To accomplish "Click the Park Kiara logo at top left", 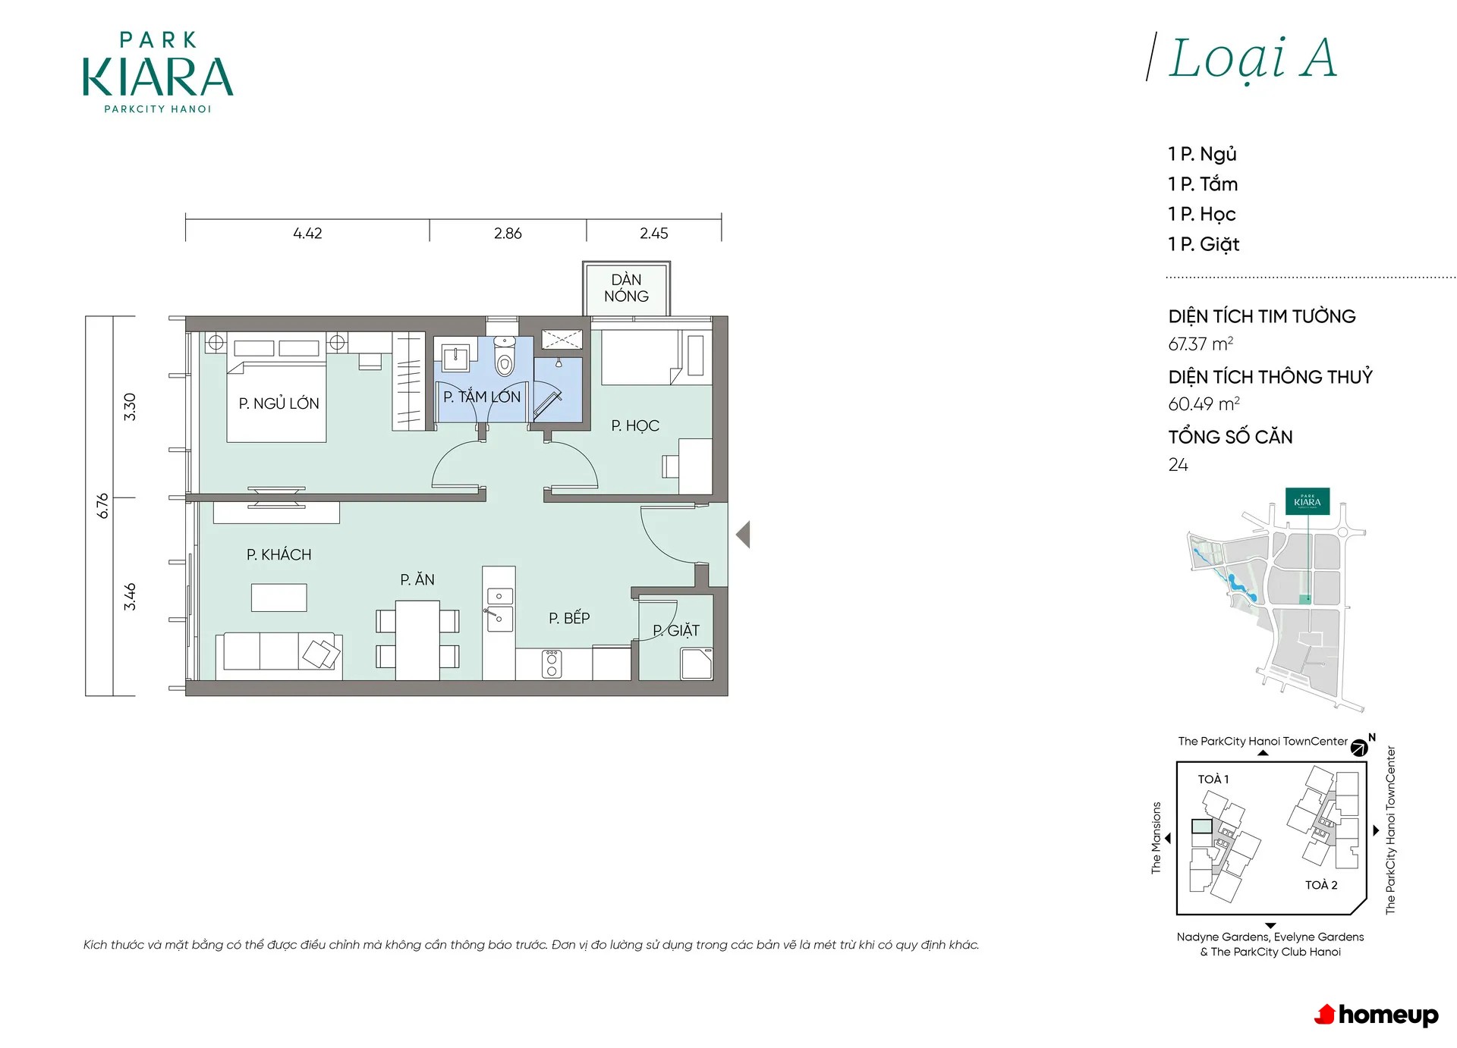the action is tap(158, 73).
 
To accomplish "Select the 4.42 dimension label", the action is tap(307, 234).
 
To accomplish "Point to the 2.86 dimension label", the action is tap(508, 234).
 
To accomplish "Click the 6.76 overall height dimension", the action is tap(103, 506).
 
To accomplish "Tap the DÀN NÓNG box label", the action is tap(626, 288).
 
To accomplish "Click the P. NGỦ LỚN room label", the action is tap(278, 403).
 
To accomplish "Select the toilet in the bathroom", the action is tap(504, 356).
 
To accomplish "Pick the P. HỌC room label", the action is tap(635, 426).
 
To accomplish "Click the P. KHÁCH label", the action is tap(278, 555).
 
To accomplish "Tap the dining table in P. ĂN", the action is tap(417, 640).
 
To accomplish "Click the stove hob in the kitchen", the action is tap(552, 664).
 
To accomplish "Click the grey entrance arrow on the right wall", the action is tap(744, 535).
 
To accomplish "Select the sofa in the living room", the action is tap(278, 657).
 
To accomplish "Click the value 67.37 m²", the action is tap(1201, 344).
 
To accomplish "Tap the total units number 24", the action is tap(1178, 465).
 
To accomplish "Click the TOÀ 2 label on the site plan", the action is tap(1321, 885).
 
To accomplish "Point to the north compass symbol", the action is tap(1360, 748).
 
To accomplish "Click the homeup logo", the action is tap(1376, 1015).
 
